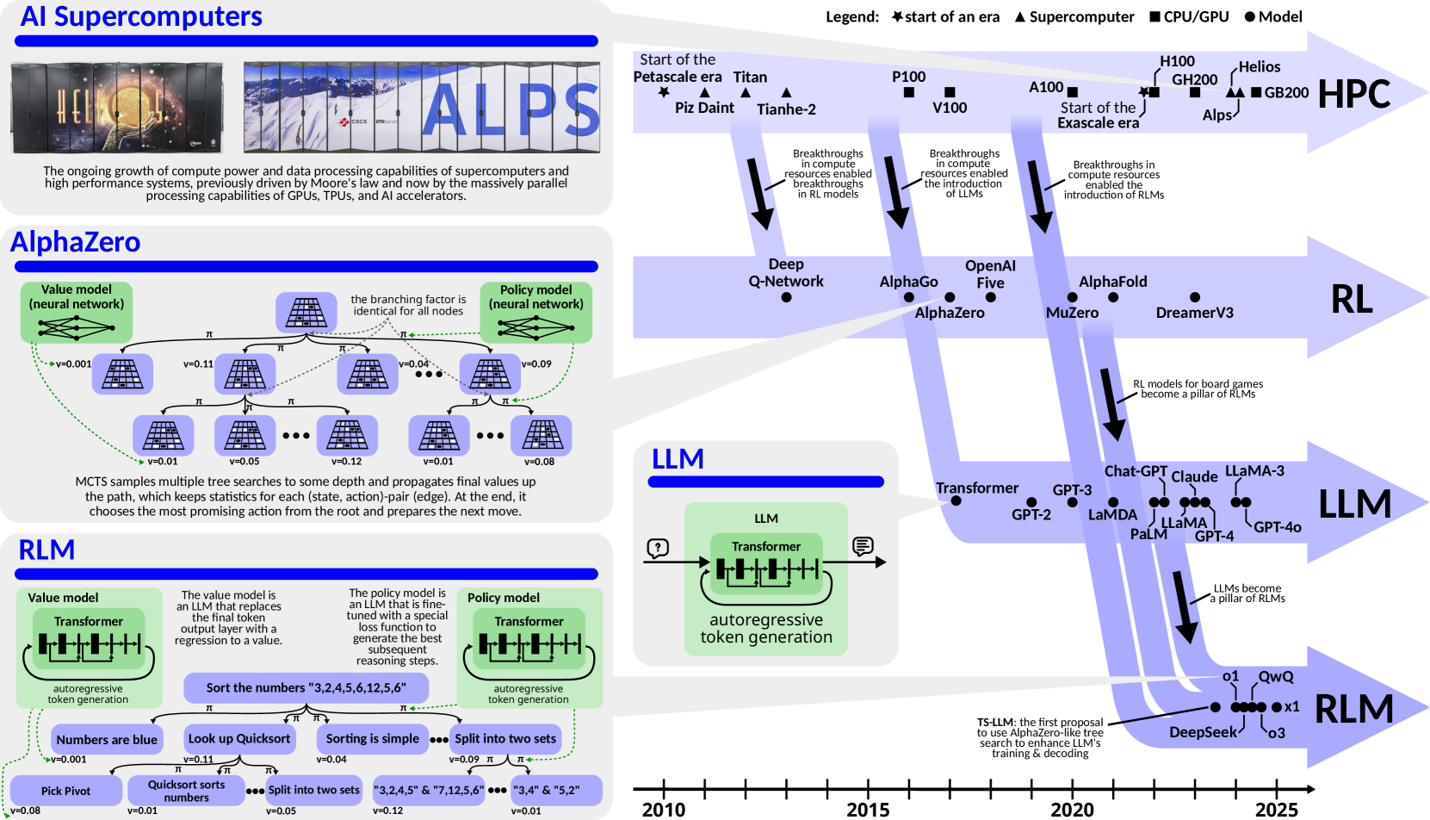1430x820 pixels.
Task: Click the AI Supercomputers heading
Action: tap(141, 16)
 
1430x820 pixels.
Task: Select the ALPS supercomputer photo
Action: tap(422, 107)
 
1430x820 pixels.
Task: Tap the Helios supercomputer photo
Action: tap(116, 107)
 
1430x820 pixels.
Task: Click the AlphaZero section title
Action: tap(75, 242)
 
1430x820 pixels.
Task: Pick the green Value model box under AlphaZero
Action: tap(77, 312)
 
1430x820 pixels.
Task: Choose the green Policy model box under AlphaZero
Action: tap(535, 312)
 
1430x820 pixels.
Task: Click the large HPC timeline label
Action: tap(1353, 95)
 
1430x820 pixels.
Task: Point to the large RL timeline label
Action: tap(1352, 300)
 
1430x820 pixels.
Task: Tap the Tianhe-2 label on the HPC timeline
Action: tap(786, 109)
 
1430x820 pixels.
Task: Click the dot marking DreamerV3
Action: tap(1195, 297)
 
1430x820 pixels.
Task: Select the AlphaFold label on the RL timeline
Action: tap(1112, 282)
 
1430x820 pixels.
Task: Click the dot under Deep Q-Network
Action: tap(786, 297)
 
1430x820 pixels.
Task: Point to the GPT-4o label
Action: tap(1277, 527)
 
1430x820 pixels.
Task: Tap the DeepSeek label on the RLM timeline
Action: tap(1203, 732)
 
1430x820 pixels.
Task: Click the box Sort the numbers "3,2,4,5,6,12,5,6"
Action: tap(306, 687)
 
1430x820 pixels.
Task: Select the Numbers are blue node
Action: tap(107, 739)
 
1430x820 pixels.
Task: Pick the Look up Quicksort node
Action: tap(239, 738)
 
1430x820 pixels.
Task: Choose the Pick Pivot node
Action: tap(65, 791)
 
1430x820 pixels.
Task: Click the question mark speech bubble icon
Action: tap(658, 548)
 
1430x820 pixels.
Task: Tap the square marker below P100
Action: tap(909, 92)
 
